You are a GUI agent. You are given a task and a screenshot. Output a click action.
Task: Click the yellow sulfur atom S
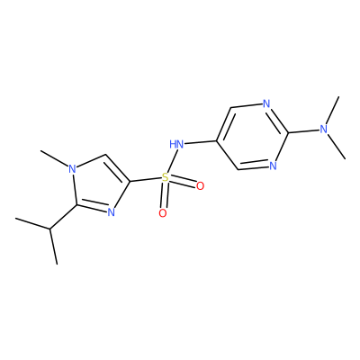[165, 177]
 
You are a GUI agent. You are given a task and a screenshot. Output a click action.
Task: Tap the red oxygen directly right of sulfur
[200, 186]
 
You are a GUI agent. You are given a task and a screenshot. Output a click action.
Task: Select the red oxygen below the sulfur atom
[163, 213]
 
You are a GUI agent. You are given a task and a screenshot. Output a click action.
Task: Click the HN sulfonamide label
[176, 144]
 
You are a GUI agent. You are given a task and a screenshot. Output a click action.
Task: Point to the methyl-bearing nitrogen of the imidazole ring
[72, 169]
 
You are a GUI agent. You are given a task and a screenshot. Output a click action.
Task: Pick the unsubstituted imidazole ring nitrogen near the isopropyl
[111, 212]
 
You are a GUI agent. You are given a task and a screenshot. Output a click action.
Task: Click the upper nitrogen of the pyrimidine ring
[266, 104]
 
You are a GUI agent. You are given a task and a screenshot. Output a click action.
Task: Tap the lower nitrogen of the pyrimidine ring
[273, 166]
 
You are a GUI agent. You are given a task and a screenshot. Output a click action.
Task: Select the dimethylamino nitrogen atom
[323, 130]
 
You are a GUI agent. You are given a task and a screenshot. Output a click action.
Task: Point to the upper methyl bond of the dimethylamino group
[332, 111]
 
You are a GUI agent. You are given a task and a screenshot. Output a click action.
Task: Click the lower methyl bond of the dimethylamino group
[337, 147]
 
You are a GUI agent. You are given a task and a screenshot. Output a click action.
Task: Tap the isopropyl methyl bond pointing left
[32, 224]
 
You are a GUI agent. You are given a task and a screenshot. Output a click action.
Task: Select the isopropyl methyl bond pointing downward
[53, 247]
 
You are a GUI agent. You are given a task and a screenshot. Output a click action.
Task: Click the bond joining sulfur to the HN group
[172, 161]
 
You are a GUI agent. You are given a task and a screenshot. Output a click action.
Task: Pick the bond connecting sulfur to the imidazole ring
[145, 179]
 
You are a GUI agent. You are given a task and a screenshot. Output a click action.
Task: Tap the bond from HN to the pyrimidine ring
[200, 142]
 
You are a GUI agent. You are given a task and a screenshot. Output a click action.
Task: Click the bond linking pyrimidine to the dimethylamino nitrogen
[303, 131]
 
